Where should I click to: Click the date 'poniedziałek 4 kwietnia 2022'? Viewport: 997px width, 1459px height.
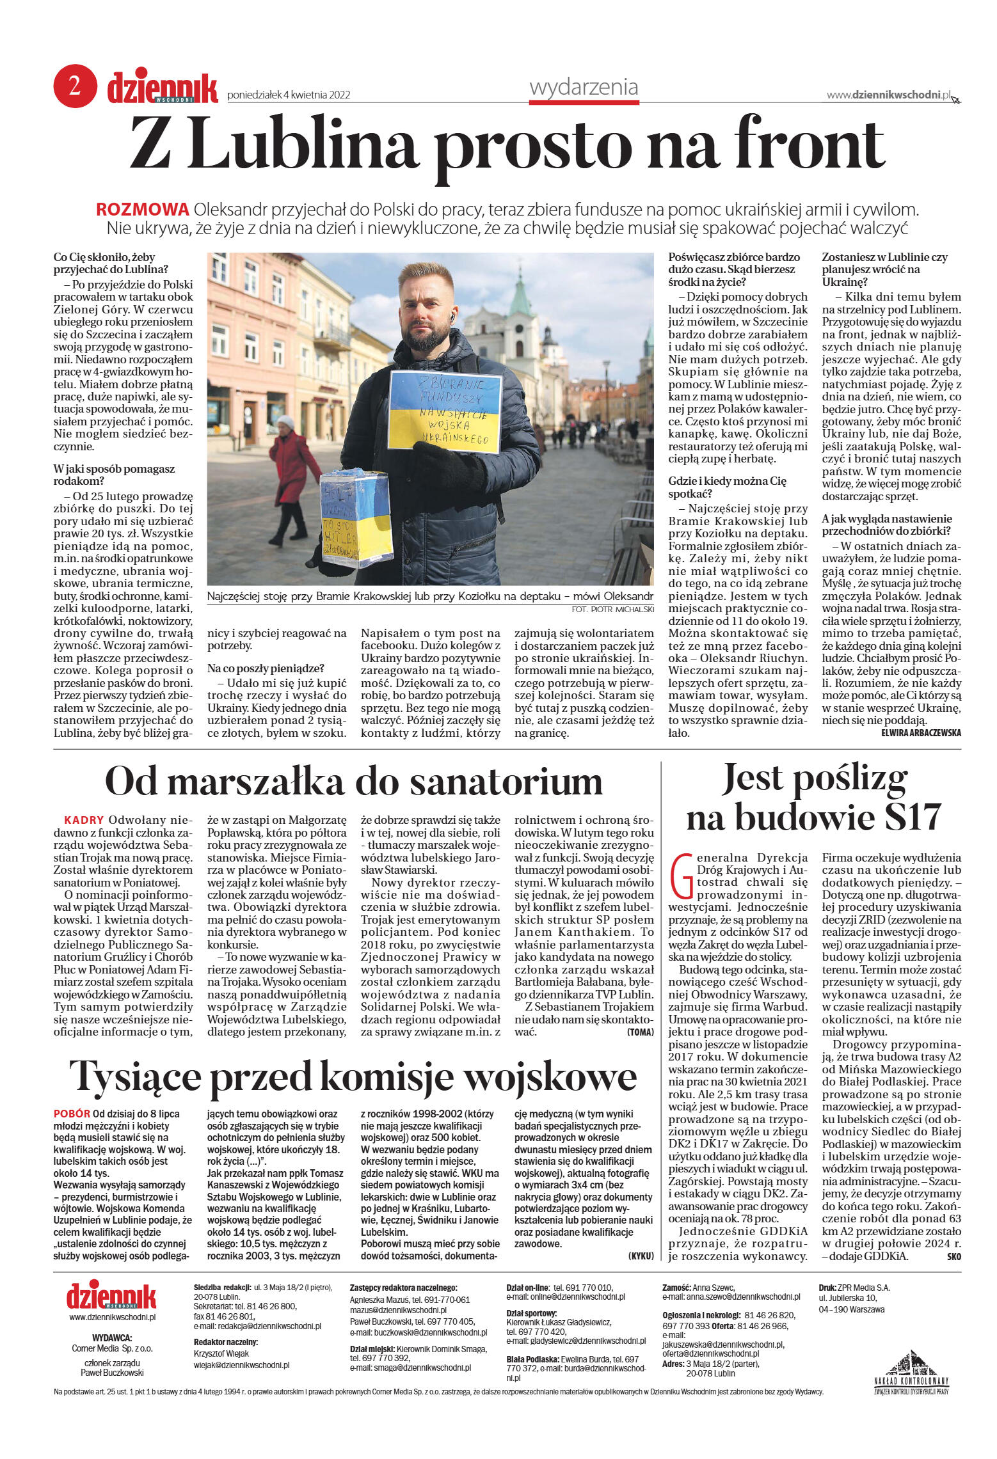tap(289, 95)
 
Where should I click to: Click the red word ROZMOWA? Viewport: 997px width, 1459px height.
tap(142, 209)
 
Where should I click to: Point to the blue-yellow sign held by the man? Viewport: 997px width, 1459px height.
tap(445, 411)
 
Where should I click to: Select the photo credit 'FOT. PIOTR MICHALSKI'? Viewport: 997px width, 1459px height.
tap(612, 610)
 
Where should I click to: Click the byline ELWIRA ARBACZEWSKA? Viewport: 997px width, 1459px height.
tap(920, 733)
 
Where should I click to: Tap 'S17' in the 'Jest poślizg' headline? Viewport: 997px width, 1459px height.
tap(905, 817)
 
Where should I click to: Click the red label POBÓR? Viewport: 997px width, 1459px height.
tap(72, 1114)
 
